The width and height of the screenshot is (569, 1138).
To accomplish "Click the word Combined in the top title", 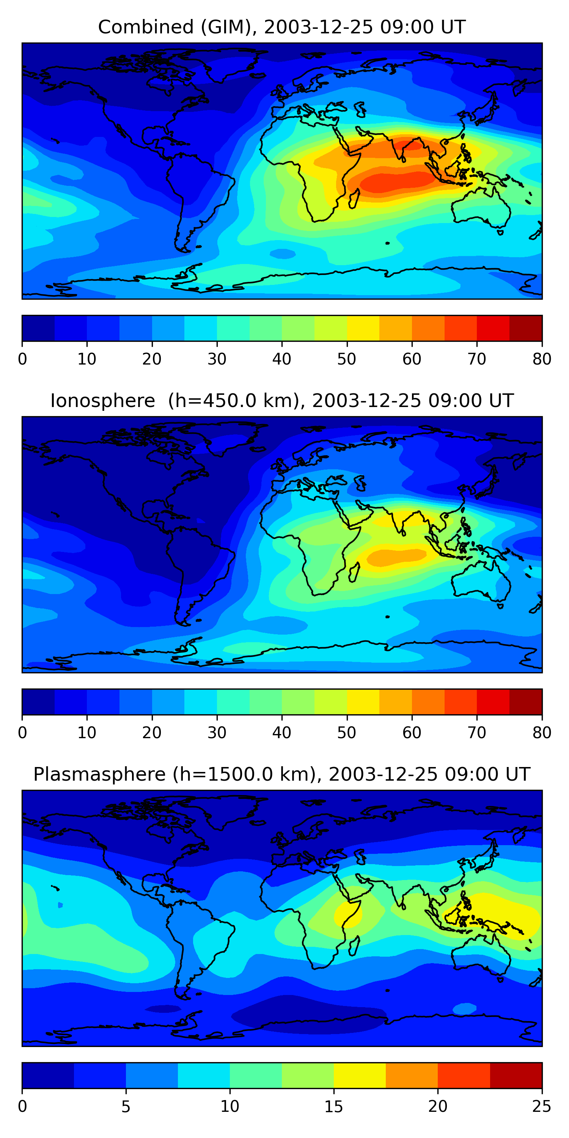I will pos(146,27).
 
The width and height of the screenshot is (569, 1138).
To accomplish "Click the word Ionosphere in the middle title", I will pos(102,401).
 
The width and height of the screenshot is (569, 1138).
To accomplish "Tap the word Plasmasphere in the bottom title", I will pos(99,775).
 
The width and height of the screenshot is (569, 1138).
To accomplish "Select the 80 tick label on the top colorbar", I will pos(542,359).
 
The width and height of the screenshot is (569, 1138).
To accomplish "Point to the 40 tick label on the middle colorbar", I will pos(281,733).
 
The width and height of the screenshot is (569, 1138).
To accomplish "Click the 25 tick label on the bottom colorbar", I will pos(542,1107).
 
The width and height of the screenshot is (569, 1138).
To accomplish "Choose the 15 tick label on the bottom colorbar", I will pos(333,1107).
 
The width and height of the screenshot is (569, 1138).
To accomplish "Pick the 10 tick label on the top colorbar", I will pos(86,359).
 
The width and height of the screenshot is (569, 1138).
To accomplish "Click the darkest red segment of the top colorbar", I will pos(526,328).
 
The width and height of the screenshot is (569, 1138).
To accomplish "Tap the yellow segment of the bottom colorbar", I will pos(360,1075).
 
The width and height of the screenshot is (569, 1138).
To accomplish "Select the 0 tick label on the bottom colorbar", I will pos(22,1107).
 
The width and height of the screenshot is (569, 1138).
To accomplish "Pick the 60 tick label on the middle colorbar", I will pos(412,733).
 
